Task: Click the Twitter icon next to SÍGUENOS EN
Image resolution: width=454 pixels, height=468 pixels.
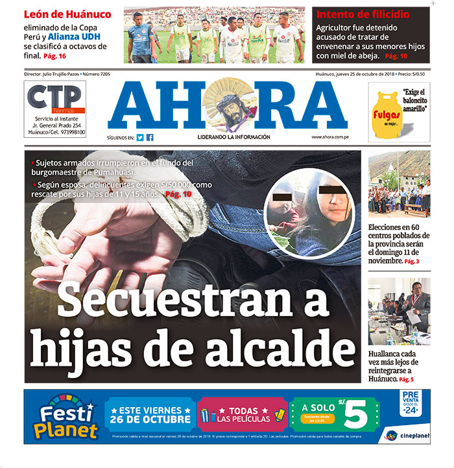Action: coord(140,137)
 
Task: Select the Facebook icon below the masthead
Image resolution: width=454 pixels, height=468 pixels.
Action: coord(150,137)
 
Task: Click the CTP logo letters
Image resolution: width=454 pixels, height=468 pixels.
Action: coord(54,98)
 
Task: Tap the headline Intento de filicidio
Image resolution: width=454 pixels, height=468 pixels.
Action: coord(363,14)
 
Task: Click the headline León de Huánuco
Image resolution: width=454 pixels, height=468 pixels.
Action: coord(67,14)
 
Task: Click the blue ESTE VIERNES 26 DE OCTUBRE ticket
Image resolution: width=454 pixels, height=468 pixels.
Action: coord(151,414)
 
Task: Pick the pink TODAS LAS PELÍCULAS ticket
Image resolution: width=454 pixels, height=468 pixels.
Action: coord(241,414)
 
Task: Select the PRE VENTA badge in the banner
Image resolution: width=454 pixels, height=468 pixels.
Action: coord(411,401)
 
